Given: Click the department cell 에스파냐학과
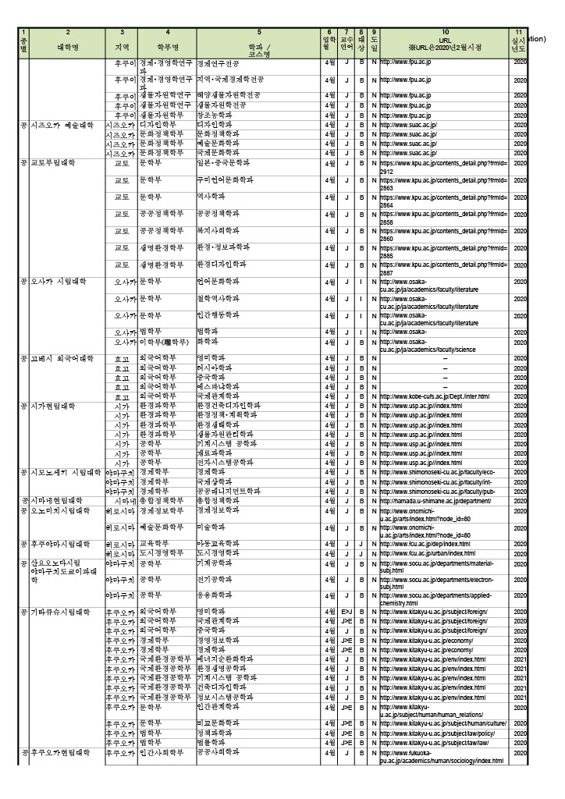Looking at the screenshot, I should point(218,387).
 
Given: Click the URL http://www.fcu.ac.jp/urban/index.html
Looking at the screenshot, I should point(427,553).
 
